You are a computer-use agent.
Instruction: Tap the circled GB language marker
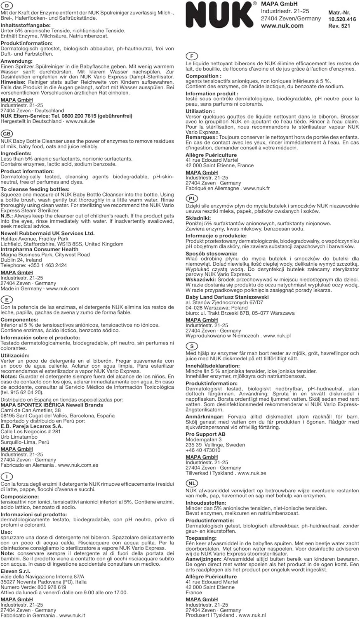(x=7, y=133)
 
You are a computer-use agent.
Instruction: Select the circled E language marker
(x=7, y=300)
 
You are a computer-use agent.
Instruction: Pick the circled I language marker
(x=7, y=476)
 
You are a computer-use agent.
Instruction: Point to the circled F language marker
(x=192, y=56)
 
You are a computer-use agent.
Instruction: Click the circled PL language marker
(x=192, y=198)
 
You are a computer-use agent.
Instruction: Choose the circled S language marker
(x=192, y=346)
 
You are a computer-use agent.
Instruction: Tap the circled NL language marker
(x=192, y=483)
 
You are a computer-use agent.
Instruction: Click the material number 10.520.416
(x=342, y=19)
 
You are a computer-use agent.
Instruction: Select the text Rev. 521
(x=339, y=26)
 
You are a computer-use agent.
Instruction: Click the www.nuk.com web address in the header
(x=282, y=26)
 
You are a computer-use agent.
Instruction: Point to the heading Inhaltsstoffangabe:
(x=26, y=25)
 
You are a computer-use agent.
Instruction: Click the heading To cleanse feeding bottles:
(x=35, y=189)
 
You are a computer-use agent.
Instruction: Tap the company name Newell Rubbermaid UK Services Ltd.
(x=47, y=233)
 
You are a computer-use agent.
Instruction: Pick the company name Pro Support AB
(x=205, y=434)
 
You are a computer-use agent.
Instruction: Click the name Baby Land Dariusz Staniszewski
(x=227, y=297)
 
